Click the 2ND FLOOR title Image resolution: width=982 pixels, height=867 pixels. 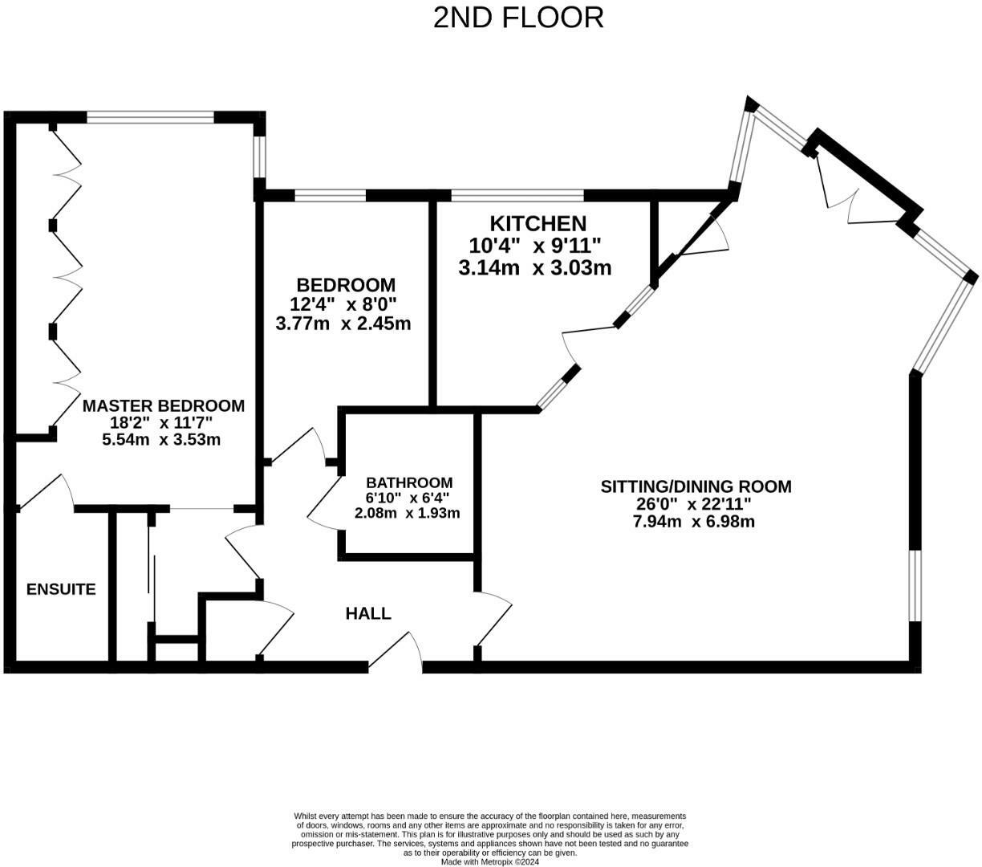pyautogui.click(x=518, y=17)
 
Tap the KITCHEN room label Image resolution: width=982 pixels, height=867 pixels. pyautogui.click(x=538, y=223)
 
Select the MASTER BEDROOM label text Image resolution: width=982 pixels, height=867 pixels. pyautogui.click(x=164, y=405)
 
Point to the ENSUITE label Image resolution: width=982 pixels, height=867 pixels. pyautogui.click(x=61, y=589)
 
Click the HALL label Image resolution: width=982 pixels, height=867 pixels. pyautogui.click(x=368, y=613)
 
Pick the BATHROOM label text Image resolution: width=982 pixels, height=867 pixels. pyautogui.click(x=409, y=482)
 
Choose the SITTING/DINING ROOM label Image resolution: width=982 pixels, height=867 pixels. pyautogui.click(x=696, y=486)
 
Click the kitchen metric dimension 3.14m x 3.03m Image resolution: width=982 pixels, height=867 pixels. pyautogui.click(x=534, y=268)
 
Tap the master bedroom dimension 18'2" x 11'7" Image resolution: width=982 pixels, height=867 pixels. pyautogui.click(x=161, y=423)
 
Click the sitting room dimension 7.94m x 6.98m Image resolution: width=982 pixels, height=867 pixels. pyautogui.click(x=694, y=522)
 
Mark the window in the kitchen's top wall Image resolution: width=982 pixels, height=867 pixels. pyautogui.click(x=517, y=195)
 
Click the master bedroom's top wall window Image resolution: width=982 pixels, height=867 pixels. pyautogui.click(x=151, y=117)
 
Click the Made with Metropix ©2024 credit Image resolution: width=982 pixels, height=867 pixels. pyautogui.click(x=490, y=862)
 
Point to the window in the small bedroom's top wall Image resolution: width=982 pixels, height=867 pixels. pyautogui.click(x=331, y=195)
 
